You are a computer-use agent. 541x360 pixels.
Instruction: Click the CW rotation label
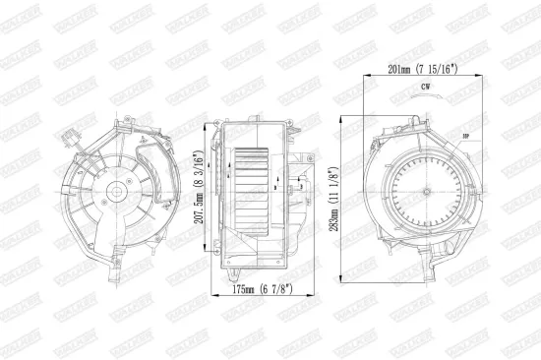425,90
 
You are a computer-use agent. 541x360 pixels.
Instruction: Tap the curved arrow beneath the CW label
425,99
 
